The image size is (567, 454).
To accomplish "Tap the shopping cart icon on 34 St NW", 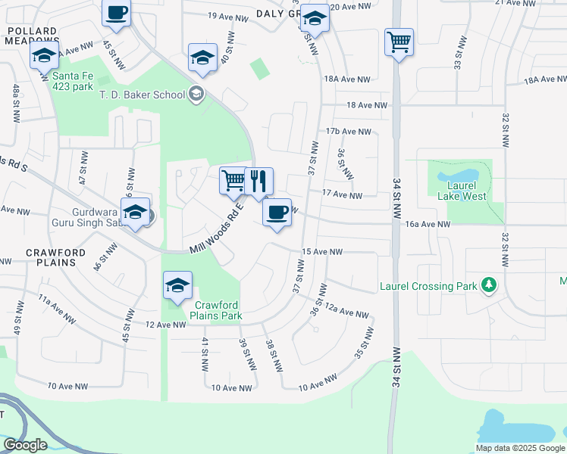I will tap(399, 42).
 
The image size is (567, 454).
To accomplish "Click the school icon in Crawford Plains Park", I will tap(177, 285).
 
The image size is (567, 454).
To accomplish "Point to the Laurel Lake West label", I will tap(462, 191).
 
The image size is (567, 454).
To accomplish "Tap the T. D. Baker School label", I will tap(143, 95).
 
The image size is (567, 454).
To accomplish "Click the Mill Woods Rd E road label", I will tap(216, 229).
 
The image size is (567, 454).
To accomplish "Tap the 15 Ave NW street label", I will tap(322, 251).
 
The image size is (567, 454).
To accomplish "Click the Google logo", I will tap(25, 445).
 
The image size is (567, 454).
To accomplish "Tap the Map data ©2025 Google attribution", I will tap(519, 448).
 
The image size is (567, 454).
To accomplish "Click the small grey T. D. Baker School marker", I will tap(196, 94).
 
